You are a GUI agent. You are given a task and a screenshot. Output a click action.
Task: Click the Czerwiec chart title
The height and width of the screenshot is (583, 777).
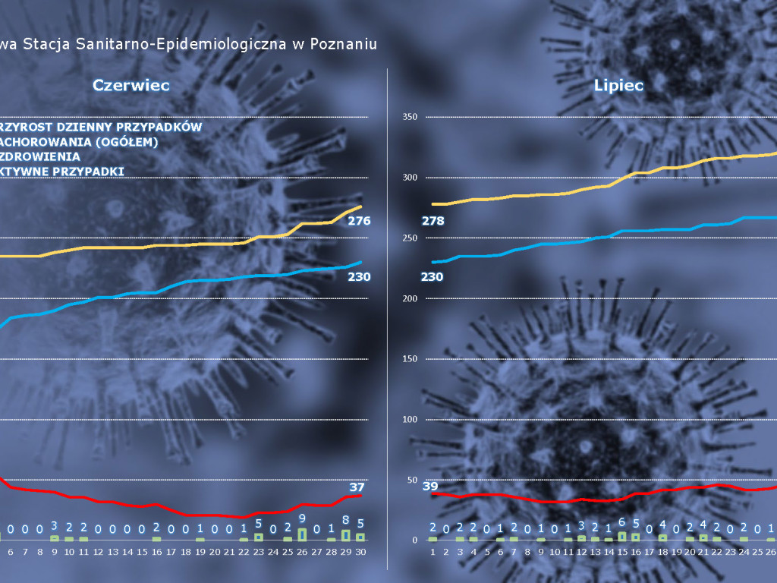pos(131,85)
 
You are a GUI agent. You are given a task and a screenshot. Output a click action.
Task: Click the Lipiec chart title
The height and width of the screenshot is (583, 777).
pos(618,85)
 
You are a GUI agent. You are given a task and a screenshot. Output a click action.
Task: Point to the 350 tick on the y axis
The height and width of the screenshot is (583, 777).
pos(410,117)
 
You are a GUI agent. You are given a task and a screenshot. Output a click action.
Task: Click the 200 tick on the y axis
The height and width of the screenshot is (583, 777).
pos(410,298)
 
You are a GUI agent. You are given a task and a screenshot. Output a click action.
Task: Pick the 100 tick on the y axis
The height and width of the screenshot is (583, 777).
pos(410,420)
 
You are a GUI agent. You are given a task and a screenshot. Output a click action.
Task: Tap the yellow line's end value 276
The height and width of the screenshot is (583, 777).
pos(358,221)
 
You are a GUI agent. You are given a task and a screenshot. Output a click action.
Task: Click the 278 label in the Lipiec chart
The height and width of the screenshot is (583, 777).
pos(432,221)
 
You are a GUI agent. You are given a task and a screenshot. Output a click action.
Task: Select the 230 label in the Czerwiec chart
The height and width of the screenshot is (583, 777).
pos(358,276)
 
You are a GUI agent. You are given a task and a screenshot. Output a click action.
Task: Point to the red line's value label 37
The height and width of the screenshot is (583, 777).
pos(357,487)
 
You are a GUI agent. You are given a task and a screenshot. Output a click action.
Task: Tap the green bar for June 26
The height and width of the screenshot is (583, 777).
pos(302,534)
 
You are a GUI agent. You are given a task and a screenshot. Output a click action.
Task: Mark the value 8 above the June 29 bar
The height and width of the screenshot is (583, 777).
pos(346,521)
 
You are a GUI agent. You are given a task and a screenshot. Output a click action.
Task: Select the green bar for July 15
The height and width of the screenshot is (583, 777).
pos(622,536)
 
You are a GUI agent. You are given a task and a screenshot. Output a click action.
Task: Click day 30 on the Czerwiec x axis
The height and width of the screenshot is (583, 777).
pos(360,552)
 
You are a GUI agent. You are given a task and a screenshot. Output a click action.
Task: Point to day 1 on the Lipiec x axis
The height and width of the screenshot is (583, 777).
pos(433,552)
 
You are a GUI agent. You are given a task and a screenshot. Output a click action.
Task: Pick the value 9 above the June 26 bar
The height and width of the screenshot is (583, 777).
pos(302,518)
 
